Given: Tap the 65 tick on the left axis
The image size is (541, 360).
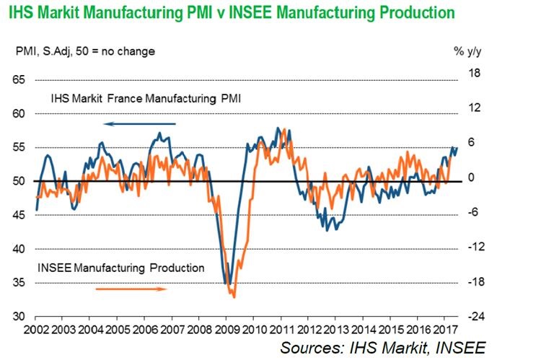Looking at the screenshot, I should (21, 79).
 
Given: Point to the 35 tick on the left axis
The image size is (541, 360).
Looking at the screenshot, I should (21, 283).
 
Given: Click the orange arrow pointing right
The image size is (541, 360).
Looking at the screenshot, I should (132, 289).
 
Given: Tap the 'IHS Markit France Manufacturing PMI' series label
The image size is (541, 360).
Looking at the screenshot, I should (145, 99).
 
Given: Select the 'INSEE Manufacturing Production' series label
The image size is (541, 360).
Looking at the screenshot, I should (120, 268).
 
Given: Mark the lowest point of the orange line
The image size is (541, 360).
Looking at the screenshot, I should (234, 297).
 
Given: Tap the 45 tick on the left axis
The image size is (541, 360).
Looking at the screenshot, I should (21, 215).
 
